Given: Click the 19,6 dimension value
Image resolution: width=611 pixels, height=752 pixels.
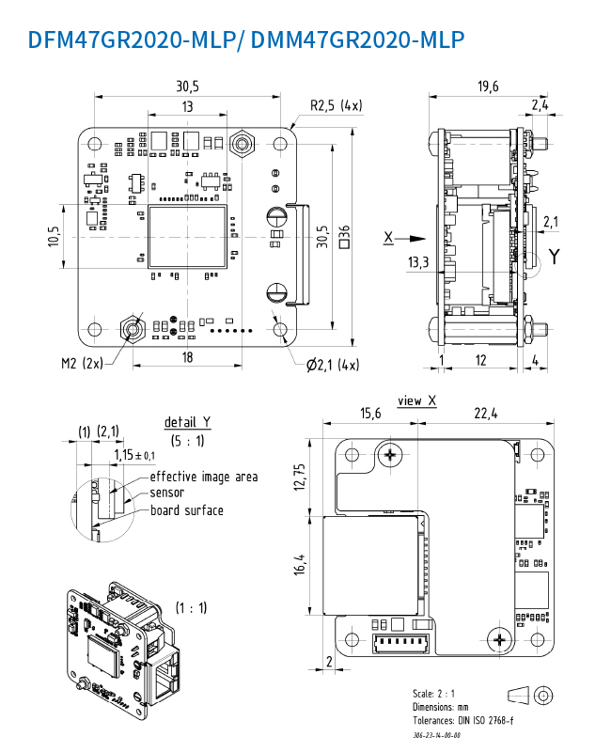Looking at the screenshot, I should click(x=488, y=86).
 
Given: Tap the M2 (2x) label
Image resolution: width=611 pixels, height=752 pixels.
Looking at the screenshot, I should click(x=82, y=363).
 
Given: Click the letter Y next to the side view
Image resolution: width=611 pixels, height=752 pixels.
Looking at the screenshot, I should click(x=554, y=257).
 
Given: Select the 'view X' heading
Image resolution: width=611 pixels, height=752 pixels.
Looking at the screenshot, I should click(x=416, y=400).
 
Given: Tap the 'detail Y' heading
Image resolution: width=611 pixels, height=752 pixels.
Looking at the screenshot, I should click(x=187, y=421).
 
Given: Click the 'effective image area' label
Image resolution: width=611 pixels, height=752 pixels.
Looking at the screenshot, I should click(x=204, y=477).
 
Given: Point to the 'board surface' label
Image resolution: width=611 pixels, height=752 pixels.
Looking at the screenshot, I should click(x=187, y=510).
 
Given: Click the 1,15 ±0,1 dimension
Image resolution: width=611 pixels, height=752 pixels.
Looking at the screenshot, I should click(x=135, y=455).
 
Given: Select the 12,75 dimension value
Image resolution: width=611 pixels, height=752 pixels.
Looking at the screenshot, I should click(x=300, y=477).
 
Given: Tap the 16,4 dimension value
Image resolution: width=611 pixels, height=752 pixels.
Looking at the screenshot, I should click(x=300, y=565).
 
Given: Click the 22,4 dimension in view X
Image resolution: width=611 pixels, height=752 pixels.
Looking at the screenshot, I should click(x=486, y=414).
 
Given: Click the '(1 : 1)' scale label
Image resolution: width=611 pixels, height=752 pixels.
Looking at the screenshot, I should click(x=192, y=607).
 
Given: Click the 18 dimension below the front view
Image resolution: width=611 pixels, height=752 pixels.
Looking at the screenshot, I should click(x=188, y=357).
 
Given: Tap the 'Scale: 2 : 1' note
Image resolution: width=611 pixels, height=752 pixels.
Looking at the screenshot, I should click(x=435, y=693).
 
